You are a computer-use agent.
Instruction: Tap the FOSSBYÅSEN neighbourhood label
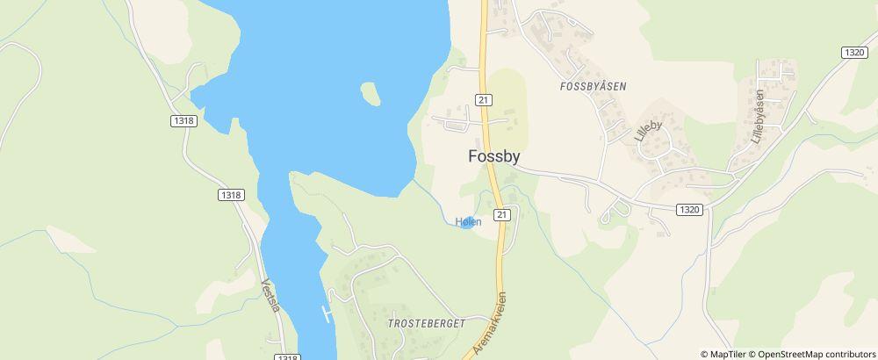coord(592,87)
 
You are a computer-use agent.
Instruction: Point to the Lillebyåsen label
coord(759,116)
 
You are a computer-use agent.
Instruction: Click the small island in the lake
coord(371,93)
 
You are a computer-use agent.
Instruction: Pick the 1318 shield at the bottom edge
coord(286,356)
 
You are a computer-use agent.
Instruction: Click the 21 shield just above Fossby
coord(483,99)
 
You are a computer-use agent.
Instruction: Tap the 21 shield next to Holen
coord(501,214)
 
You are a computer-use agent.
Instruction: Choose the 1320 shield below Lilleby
coord(689,209)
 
